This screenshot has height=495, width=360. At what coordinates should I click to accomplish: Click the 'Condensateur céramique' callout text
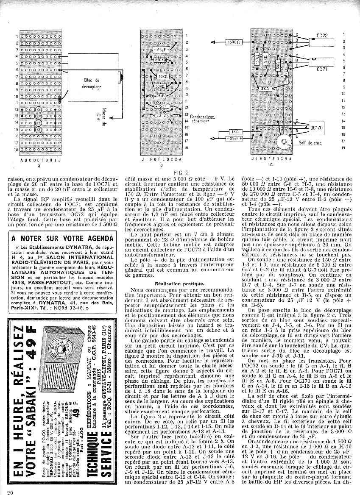tap(203, 118)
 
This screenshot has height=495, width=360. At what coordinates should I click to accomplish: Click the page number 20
tap(11, 491)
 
